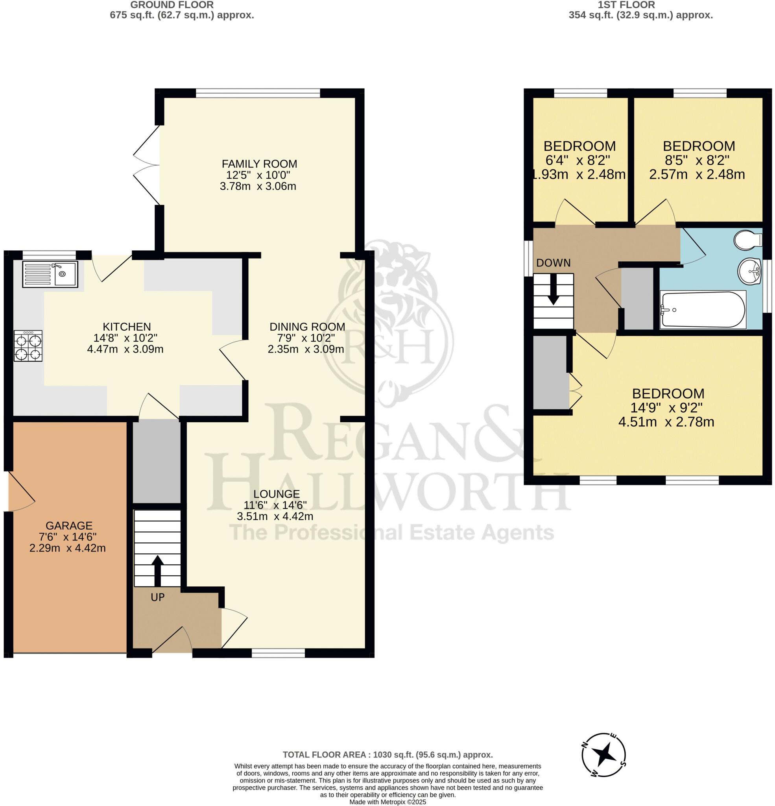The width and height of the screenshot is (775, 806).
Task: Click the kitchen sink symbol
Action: [x=50, y=274]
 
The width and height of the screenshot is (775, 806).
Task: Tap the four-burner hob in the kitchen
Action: [x=28, y=346]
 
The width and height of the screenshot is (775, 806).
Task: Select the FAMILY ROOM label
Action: [x=259, y=164]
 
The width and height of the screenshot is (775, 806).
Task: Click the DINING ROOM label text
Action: [x=307, y=327]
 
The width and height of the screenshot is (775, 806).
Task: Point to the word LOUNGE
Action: [x=276, y=494]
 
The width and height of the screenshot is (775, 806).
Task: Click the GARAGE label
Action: [x=69, y=525]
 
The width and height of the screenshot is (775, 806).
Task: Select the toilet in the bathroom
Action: [x=748, y=240]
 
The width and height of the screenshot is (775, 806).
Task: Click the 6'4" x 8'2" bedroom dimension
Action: [x=579, y=160]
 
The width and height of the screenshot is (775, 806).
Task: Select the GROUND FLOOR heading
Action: [x=172, y=5]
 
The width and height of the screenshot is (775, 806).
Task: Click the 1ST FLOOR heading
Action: [x=626, y=5]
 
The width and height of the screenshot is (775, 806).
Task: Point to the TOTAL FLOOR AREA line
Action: [x=387, y=755]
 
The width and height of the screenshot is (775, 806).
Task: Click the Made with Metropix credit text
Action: [x=387, y=802]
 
